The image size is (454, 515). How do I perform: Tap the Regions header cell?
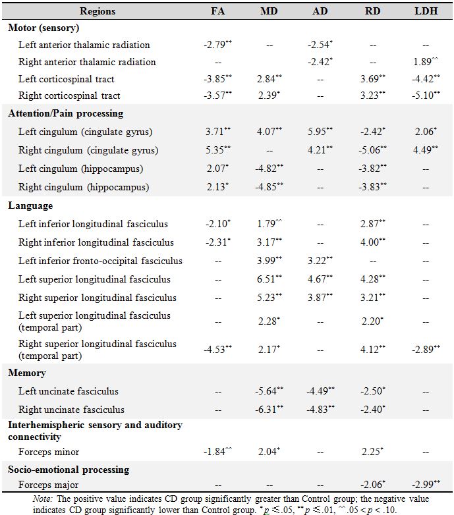98,11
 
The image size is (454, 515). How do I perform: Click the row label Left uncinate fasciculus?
72,391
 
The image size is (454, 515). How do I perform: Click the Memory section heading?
27,373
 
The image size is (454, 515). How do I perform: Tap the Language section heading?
30,206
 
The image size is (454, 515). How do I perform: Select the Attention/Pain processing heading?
66,113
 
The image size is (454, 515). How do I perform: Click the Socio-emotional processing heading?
69,470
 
